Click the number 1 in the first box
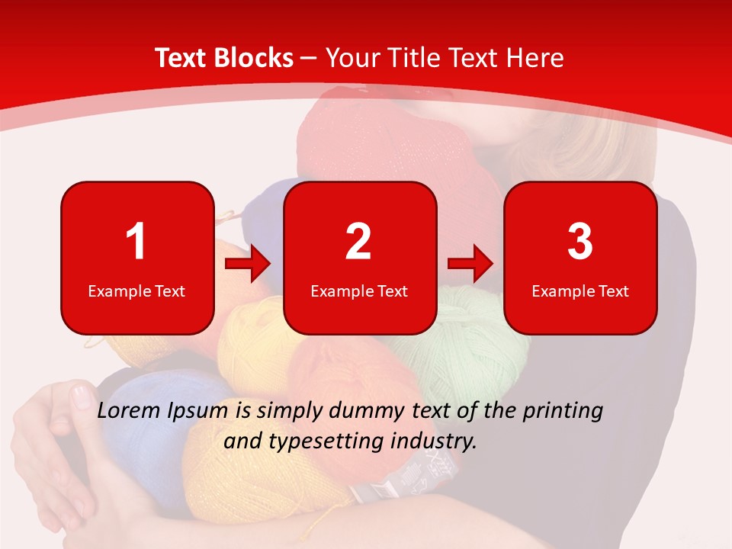tap(136, 242)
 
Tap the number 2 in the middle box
tap(358, 242)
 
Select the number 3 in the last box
tap(580, 242)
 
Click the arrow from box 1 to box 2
tap(248, 265)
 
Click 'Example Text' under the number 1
tap(136, 291)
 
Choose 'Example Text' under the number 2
tap(359, 291)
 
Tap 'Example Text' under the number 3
tap(580, 291)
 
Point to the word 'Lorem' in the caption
tap(130, 411)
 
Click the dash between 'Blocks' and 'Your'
tap(310, 59)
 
